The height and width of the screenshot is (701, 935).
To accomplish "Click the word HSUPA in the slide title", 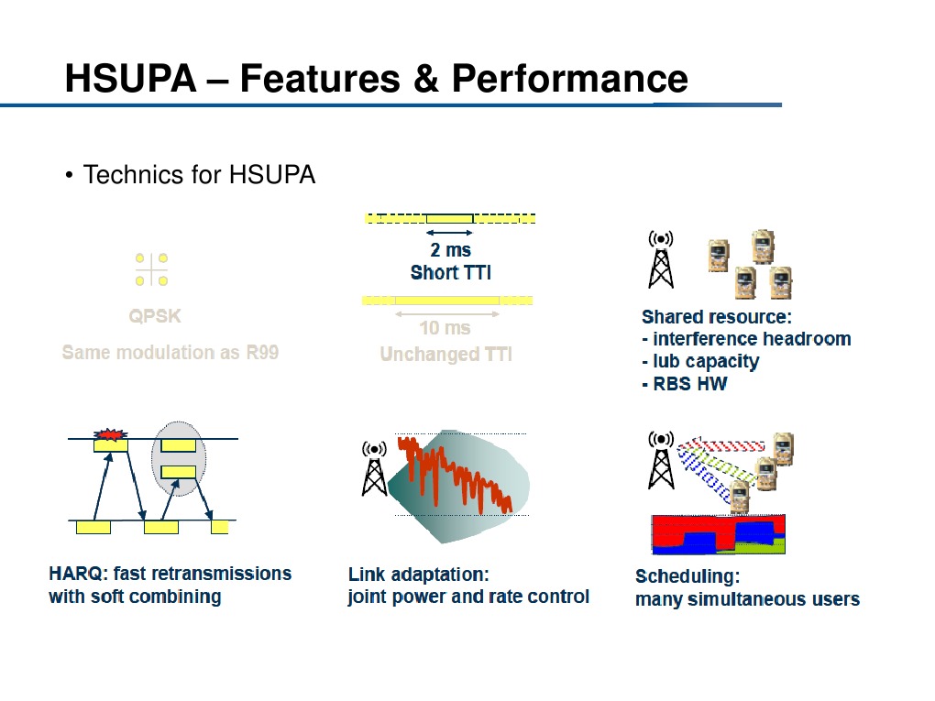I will tap(130, 79).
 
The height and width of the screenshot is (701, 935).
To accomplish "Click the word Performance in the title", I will tap(568, 79).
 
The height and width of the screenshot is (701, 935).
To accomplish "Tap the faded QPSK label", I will tap(155, 316).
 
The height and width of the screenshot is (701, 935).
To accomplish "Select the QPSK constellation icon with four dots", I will tap(151, 269).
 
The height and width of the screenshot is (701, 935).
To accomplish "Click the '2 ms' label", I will tap(450, 249).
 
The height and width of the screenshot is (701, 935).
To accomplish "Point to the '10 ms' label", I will tap(445, 327).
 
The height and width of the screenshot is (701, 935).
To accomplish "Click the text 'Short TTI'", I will tap(450, 272).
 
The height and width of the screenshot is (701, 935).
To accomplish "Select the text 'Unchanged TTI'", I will tap(445, 354).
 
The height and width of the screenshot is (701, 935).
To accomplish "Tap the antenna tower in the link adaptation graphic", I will tap(374, 467).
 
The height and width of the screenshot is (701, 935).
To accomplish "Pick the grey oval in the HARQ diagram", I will tap(180, 458).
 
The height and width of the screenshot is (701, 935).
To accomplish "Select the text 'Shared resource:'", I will tap(716, 317).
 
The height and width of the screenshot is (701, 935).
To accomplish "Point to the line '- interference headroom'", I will tap(746, 339).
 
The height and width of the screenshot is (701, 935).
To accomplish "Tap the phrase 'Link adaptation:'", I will tap(418, 575).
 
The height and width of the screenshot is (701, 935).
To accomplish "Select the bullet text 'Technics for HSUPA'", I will tap(199, 174).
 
